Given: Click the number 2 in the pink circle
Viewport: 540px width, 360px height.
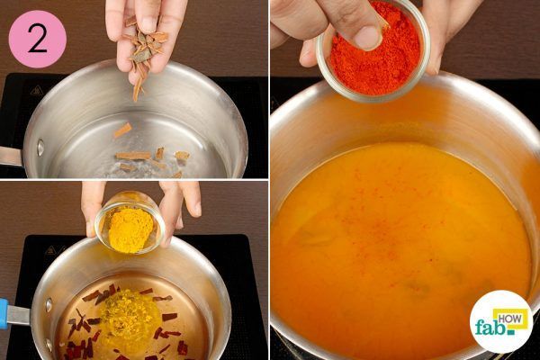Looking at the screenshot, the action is pyautogui.click(x=37, y=39).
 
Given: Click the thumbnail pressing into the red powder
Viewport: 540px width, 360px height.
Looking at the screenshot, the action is pyautogui.click(x=368, y=38).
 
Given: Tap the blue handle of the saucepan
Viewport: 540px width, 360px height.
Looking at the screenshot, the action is pyautogui.click(x=4, y=313).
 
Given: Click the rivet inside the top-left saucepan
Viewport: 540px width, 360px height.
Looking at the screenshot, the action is pyautogui.click(x=40, y=147).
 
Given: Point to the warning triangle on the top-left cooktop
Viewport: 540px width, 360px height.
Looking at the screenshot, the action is pyautogui.click(x=36, y=91).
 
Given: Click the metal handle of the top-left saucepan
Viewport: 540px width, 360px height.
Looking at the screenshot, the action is pyautogui.click(x=10, y=156).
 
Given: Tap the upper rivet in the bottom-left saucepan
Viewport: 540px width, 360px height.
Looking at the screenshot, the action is pyautogui.click(x=49, y=306).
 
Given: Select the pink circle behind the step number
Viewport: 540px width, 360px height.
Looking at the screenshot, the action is pyautogui.click(x=37, y=39).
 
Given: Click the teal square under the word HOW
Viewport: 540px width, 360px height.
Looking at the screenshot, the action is pyautogui.click(x=511, y=332).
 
